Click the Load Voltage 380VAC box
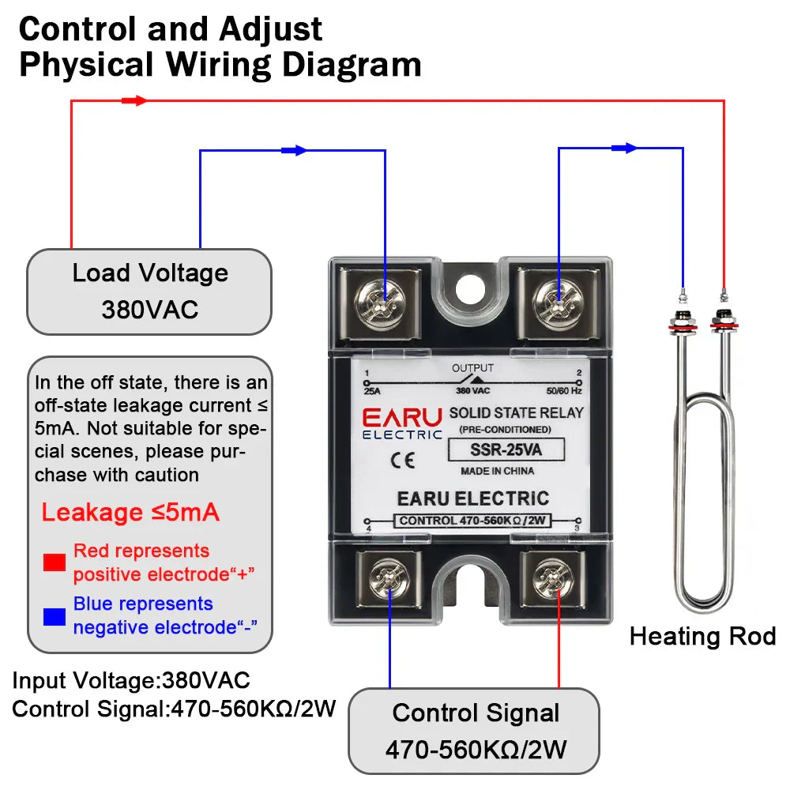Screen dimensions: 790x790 point(149,292)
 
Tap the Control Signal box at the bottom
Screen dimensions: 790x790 point(474,730)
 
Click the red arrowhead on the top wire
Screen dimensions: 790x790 point(136,100)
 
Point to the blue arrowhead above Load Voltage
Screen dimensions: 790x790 point(294,150)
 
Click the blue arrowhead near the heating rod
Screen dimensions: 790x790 point(624,147)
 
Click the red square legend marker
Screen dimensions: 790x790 point(55,562)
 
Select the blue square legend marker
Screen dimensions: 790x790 point(55,616)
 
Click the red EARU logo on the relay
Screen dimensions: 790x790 point(402,416)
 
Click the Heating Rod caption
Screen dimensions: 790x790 point(702,636)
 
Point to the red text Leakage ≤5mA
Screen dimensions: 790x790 point(130,513)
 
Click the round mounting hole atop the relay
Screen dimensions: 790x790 point(472,285)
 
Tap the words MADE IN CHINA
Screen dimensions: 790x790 point(497,471)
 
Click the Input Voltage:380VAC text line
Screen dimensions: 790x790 point(131,680)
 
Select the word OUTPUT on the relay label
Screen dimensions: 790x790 point(472,368)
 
